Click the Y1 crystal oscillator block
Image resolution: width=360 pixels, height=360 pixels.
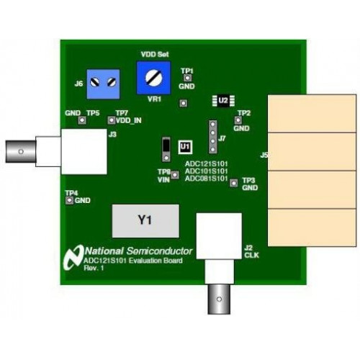(145, 221)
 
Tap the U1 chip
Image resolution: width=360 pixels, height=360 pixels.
(185, 147)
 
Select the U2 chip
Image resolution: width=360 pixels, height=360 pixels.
(223, 101)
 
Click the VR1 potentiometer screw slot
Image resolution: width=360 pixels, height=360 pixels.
(154, 78)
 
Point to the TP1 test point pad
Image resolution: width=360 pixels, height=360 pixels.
(187, 78)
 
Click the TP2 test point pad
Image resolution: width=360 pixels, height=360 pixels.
(238, 120)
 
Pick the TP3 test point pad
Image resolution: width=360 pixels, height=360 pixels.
(234, 183)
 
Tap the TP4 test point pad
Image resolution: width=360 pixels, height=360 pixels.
(69, 200)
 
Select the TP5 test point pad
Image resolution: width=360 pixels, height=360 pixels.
(82, 120)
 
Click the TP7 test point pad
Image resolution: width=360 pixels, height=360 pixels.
(112, 120)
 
